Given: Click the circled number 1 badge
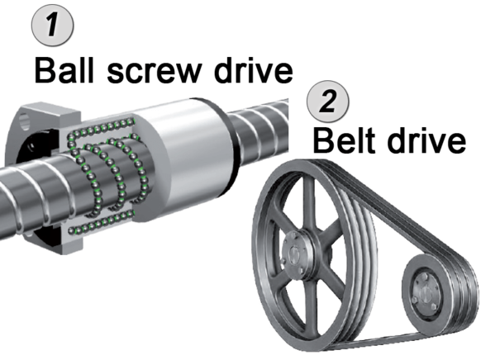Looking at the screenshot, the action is point(52,25).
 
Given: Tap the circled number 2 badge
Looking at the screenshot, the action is point(328,102).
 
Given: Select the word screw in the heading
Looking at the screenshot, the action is point(155,73).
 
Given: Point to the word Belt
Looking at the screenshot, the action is point(344,140).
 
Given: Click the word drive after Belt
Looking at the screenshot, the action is point(426,140).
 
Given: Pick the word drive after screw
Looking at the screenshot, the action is point(254,71).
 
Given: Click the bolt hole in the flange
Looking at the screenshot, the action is point(25,121).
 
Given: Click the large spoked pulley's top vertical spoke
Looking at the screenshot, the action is point(308,202).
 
